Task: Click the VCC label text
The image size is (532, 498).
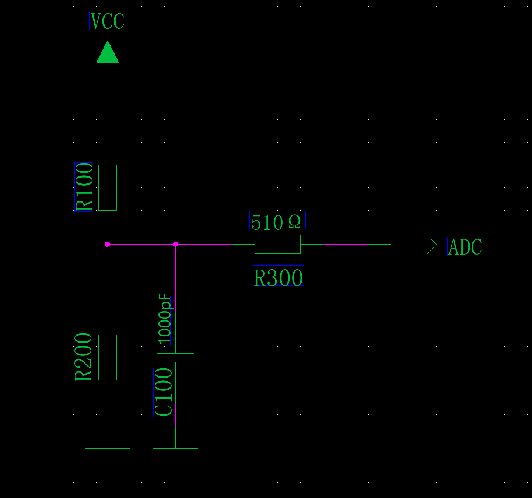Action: tap(107, 21)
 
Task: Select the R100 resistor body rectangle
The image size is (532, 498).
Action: tap(108, 188)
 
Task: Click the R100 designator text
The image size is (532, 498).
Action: tap(84, 187)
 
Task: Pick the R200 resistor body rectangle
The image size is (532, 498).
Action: tap(108, 358)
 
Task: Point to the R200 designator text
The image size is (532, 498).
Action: tap(83, 357)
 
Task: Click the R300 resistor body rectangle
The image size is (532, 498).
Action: tap(278, 244)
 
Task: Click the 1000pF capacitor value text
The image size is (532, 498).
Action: tap(164, 320)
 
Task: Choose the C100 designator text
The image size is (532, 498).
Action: tap(163, 393)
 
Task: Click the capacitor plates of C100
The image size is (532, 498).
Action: tap(176, 358)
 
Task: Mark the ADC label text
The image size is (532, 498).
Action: tap(465, 247)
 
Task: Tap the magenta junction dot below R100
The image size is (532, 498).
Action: tap(108, 244)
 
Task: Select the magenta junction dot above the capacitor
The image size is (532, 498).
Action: tap(175, 244)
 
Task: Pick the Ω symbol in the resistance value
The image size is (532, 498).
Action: tap(295, 221)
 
